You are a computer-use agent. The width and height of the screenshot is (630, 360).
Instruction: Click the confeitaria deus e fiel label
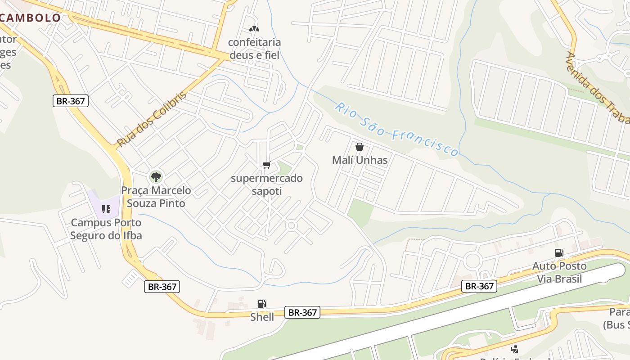click(x=254, y=49)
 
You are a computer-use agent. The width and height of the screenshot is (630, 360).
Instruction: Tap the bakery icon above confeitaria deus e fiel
click(x=254, y=29)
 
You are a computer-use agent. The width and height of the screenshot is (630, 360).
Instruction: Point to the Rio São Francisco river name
click(x=396, y=129)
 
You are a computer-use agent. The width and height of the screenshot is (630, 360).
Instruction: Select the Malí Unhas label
click(x=360, y=160)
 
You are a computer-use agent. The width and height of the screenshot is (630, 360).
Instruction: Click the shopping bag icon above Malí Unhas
click(x=359, y=147)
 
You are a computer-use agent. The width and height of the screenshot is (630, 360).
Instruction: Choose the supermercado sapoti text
click(x=266, y=184)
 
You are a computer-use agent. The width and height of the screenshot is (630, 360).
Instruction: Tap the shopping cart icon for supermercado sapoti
click(x=266, y=165)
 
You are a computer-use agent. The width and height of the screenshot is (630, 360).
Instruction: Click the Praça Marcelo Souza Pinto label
click(x=156, y=197)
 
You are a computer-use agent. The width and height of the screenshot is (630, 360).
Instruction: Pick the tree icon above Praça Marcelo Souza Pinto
click(x=156, y=176)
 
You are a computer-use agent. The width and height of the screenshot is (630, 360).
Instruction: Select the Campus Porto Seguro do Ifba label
click(x=106, y=229)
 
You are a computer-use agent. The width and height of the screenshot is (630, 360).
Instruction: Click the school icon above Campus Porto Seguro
click(x=106, y=209)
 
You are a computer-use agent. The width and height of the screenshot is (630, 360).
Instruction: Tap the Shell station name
click(x=262, y=317)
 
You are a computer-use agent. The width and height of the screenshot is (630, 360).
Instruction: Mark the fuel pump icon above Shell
click(x=261, y=304)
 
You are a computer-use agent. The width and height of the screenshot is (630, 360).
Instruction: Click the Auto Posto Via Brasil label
click(x=559, y=272)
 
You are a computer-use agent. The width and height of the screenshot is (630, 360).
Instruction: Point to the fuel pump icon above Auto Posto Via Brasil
click(x=559, y=253)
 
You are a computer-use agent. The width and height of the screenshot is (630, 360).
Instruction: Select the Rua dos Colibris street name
click(x=151, y=120)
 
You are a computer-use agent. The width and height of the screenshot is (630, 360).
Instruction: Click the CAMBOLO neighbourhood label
click(x=31, y=18)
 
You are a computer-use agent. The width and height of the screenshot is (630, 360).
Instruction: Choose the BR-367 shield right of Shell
click(x=302, y=312)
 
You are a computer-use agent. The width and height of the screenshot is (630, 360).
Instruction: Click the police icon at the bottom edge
click(x=514, y=349)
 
